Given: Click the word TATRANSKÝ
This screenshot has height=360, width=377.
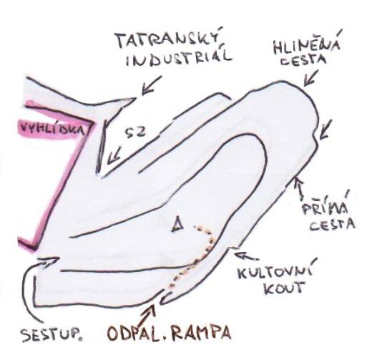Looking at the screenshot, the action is click(169, 39).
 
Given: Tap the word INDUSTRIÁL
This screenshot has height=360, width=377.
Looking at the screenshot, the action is click(179, 58).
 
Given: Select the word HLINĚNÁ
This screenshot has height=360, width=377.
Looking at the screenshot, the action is click(308, 45).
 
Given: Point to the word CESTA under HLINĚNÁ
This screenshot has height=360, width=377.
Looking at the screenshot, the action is click(304, 60).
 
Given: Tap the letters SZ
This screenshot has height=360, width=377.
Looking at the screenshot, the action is click(136, 132).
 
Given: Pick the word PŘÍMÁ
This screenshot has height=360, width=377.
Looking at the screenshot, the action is click(325, 208).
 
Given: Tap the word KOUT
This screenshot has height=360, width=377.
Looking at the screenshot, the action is click(283, 288).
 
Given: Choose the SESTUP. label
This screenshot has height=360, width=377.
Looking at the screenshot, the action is click(52, 335).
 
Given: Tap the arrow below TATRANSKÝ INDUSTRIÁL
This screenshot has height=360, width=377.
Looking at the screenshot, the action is click(151, 86).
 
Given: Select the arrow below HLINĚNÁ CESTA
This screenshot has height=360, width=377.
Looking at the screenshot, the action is click(311, 78).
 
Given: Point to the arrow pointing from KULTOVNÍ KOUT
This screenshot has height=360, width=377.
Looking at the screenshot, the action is click(245, 256).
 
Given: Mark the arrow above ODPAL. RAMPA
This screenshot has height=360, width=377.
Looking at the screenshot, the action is click(147, 315).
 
